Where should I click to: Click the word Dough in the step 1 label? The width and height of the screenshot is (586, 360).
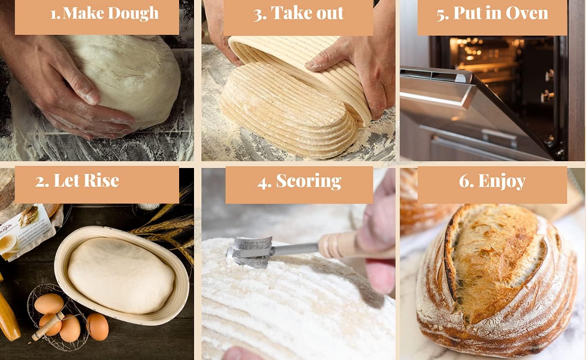tap(133, 13)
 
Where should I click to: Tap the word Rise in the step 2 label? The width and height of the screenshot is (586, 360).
tap(101, 181)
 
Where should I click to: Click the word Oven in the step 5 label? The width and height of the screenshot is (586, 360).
tap(526, 13)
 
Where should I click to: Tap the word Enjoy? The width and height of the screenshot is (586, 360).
tap(502, 181)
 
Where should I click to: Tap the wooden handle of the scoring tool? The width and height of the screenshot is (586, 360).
tap(338, 245)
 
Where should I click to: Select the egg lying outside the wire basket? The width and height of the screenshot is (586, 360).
tap(98, 326)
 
